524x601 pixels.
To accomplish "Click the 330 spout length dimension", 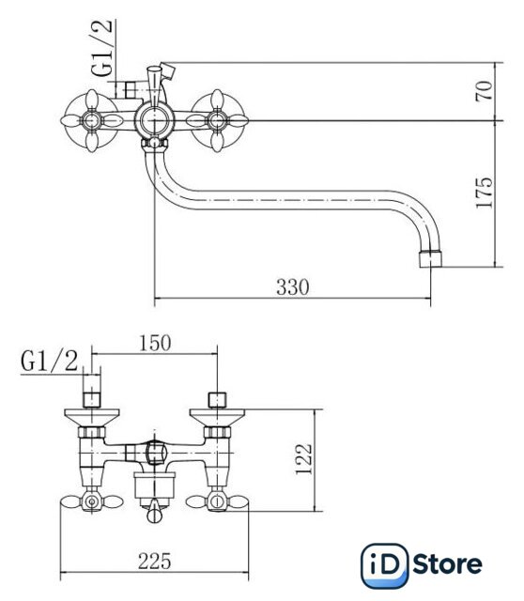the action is pyautogui.click(x=292, y=286).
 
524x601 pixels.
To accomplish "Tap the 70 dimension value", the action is pyautogui.click(x=485, y=91).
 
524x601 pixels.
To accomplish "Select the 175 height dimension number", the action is pyautogui.click(x=485, y=193).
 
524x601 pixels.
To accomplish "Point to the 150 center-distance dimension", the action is pyautogui.click(x=155, y=343).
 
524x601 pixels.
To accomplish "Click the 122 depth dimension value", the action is pyautogui.click(x=304, y=459).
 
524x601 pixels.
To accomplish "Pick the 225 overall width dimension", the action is pyautogui.click(x=155, y=562).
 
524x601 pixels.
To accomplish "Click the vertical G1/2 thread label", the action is pyautogui.click(x=102, y=48).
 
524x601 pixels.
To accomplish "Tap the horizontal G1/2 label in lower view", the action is pyautogui.click(x=50, y=361).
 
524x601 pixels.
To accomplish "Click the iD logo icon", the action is pyautogui.click(x=385, y=565).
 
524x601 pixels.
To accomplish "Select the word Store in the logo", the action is pyautogui.click(x=448, y=564).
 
